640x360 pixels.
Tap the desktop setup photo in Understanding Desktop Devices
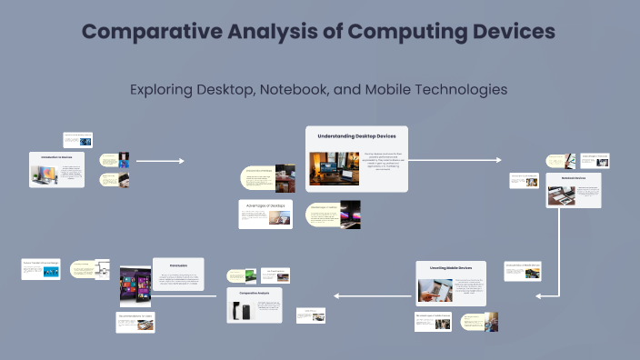coord(334,168)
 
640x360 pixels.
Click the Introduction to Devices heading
coord(56,156)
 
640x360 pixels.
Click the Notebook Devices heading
coord(573,178)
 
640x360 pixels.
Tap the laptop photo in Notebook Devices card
coord(561,195)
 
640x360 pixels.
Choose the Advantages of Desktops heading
coord(265,205)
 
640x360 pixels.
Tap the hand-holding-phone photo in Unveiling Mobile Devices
coord(435,289)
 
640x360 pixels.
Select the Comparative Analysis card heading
coord(255,294)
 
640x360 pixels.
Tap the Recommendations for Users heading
coord(135,316)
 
